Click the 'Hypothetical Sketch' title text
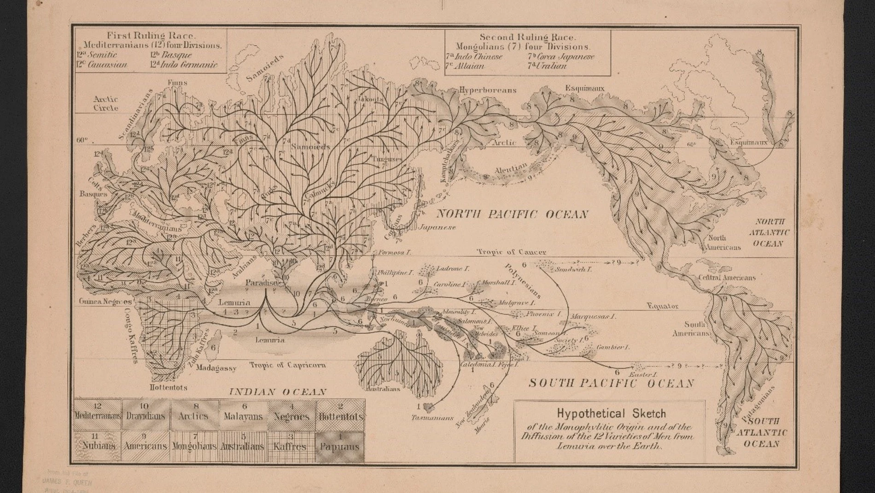click(x=611, y=414)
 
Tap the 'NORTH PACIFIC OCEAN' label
click(x=512, y=214)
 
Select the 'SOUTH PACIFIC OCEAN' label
click(x=611, y=383)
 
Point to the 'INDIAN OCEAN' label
click(x=278, y=392)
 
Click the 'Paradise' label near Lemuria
click(x=261, y=283)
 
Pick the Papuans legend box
click(x=339, y=447)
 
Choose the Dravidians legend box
click(x=145, y=416)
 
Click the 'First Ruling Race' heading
click(x=151, y=36)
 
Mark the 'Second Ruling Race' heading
click(x=527, y=37)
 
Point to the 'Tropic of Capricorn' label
click(x=288, y=365)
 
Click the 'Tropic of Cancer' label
click(x=511, y=252)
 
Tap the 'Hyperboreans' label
click(x=488, y=90)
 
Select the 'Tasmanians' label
click(x=432, y=418)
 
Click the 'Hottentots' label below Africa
click(x=169, y=387)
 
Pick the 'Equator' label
click(x=662, y=306)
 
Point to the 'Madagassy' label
click(x=216, y=368)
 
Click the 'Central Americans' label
click(x=727, y=278)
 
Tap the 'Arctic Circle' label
click(x=106, y=103)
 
